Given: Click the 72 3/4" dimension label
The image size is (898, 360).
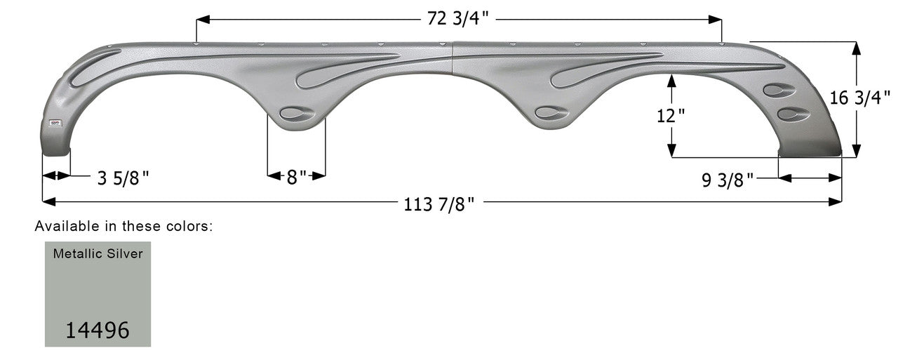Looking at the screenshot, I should pyautogui.click(x=458, y=19).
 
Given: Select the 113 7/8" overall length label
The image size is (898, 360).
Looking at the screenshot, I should pyautogui.click(x=440, y=204).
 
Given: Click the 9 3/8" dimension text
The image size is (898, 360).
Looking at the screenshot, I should pyautogui.click(x=728, y=180).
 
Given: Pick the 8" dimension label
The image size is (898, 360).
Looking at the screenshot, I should pyautogui.click(x=296, y=176).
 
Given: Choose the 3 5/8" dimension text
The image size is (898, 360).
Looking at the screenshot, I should pyautogui.click(x=123, y=179).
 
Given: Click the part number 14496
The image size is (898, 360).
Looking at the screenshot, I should pyautogui.click(x=98, y=330).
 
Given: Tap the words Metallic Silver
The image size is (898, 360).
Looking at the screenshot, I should pyautogui.click(x=98, y=254).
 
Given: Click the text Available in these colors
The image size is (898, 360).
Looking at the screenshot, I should pyautogui.click(x=123, y=227).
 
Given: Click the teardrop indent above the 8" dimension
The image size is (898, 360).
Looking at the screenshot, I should pyautogui.click(x=295, y=114).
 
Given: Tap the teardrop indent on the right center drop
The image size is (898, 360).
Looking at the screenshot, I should pyautogui.click(x=550, y=112).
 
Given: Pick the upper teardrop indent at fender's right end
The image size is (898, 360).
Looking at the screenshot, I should pyautogui.click(x=778, y=90).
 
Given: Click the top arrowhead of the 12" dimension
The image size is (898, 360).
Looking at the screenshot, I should pyautogui.click(x=672, y=79).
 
